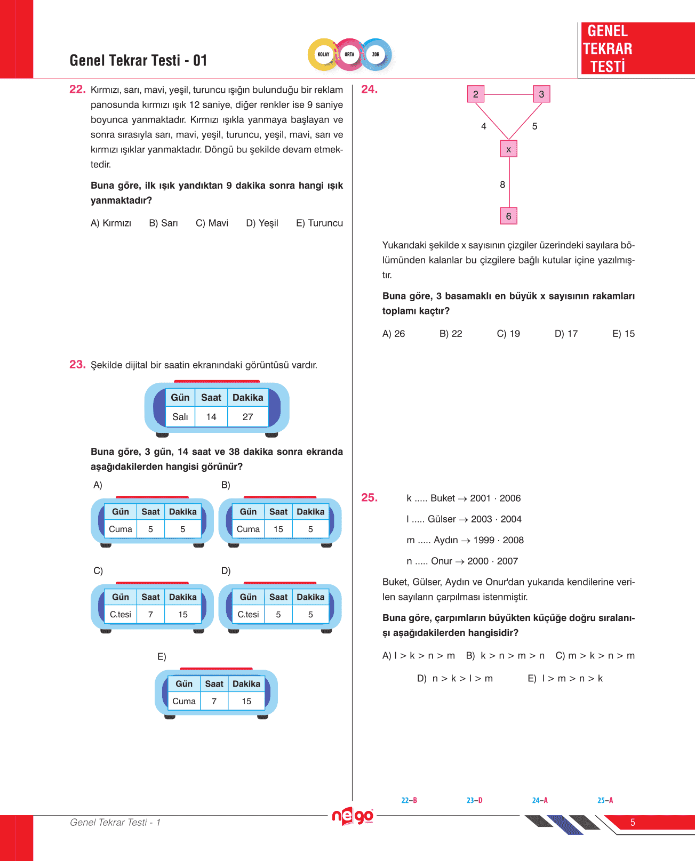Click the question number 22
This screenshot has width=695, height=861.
coord(77,89)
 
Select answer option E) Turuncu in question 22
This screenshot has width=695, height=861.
coord(319,223)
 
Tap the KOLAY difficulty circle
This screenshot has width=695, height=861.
coord(323,54)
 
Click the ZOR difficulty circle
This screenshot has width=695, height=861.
coord(376,54)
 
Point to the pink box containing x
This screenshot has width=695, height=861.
coord(508,149)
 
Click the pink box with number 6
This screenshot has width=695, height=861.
coord(508,216)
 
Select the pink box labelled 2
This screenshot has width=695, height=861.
coord(475,94)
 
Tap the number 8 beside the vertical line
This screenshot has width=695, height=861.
coord(502,184)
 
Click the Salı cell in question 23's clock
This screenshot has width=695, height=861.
coord(180,417)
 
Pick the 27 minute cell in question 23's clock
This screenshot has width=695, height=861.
coord(247,417)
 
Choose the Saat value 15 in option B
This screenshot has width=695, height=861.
coord(278,529)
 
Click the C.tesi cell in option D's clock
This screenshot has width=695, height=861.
coord(248,614)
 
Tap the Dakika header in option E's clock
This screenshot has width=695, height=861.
coord(246,683)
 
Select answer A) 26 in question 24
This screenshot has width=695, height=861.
coord(394,334)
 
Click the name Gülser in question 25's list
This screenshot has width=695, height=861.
coord(442,519)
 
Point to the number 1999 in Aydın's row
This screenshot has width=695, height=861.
coord(484,540)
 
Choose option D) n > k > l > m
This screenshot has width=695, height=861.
coord(454,678)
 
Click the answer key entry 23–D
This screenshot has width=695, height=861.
coord(474,800)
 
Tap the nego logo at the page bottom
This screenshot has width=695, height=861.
coord(352,816)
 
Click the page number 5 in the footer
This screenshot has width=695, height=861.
coord(633,822)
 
